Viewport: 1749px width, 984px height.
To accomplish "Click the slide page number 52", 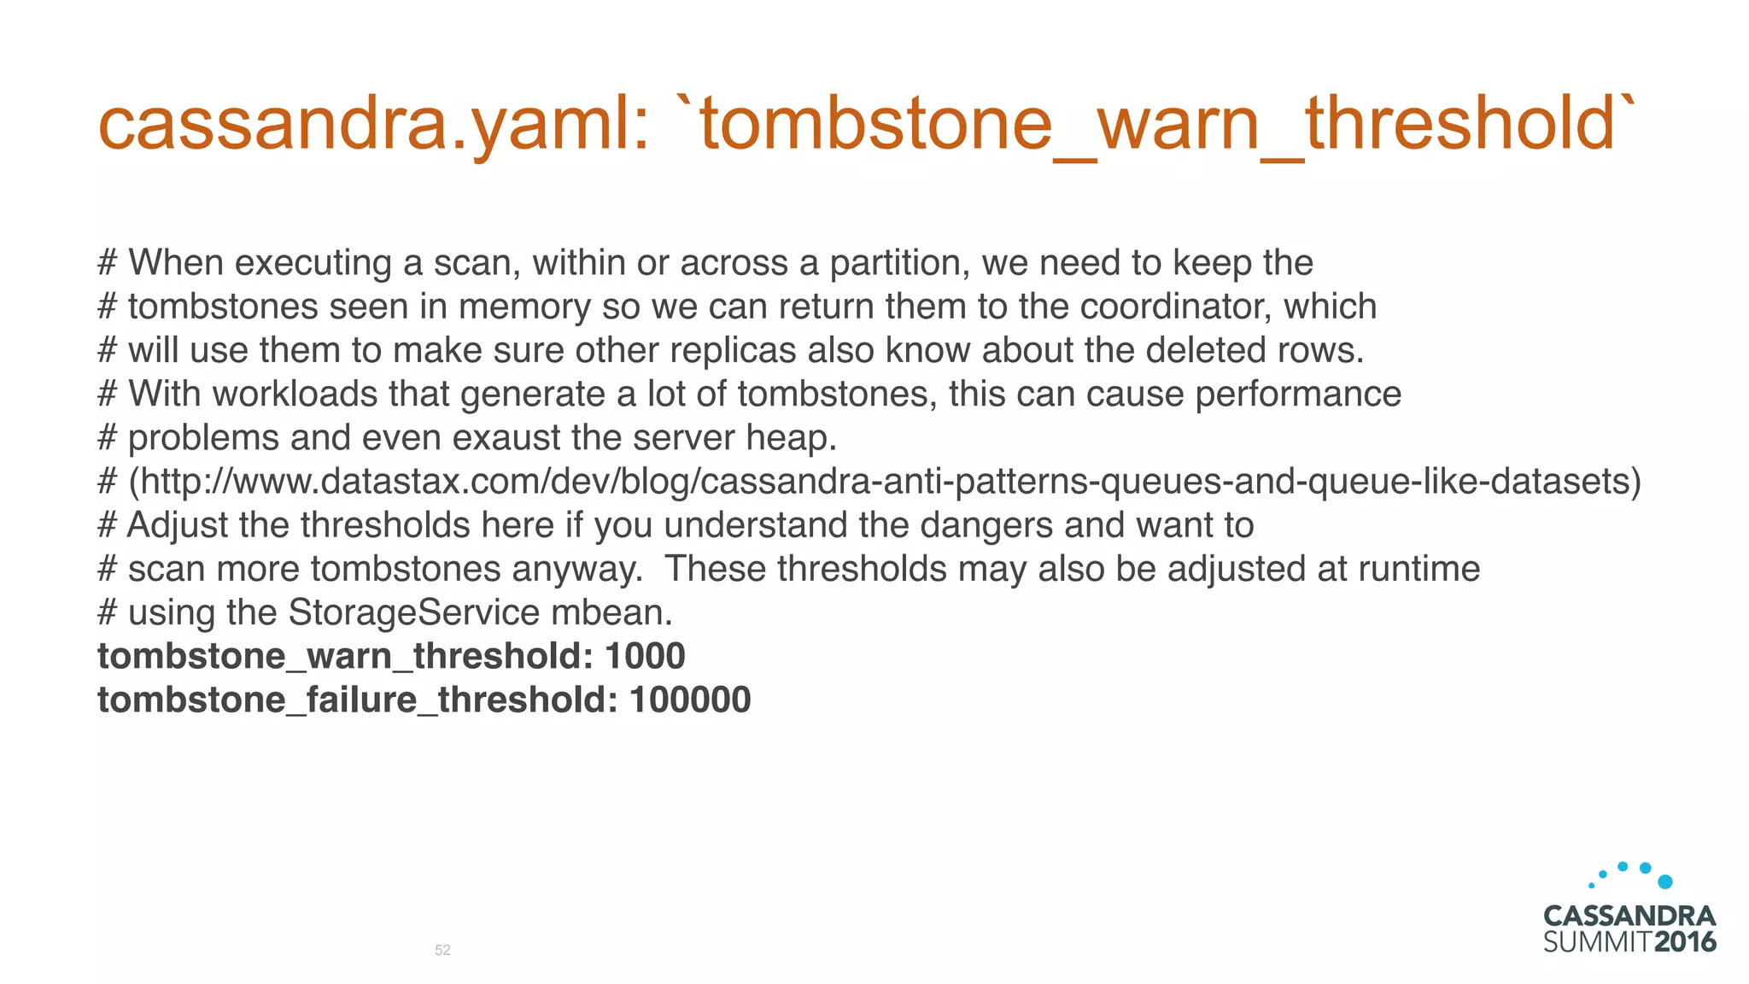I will tap(442, 950).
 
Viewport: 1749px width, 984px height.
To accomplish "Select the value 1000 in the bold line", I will tap(645, 656).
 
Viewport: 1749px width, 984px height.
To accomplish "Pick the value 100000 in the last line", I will tap(690, 700).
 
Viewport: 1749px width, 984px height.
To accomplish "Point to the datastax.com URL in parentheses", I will tap(885, 482).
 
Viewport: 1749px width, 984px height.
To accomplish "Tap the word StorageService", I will tap(414, 612).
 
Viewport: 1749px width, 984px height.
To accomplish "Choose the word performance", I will tap(1298, 395).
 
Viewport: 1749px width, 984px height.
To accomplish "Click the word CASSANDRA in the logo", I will tap(1629, 917).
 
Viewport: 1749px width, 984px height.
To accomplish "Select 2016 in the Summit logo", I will tap(1685, 942).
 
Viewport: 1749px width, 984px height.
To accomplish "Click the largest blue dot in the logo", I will tap(1664, 881).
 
